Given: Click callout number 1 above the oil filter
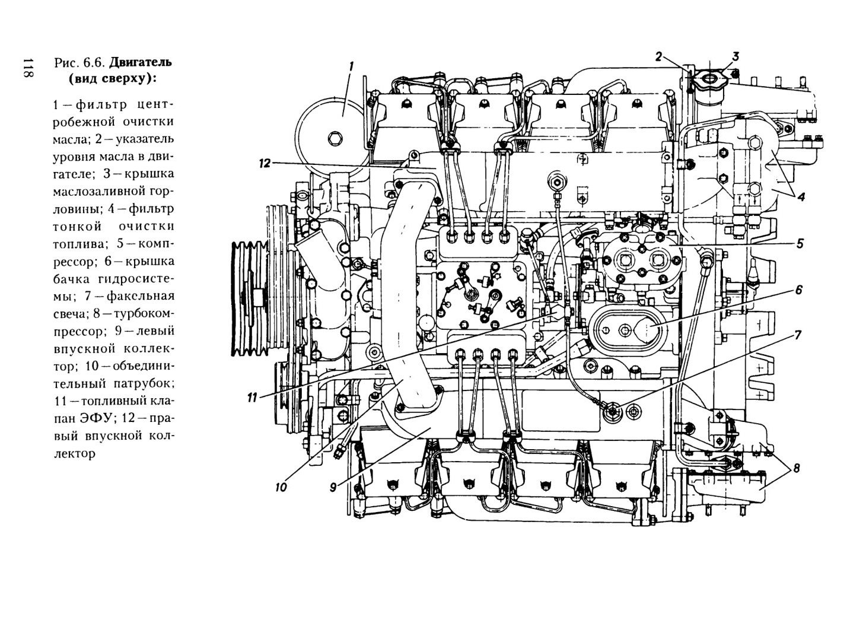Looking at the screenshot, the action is pyautogui.click(x=351, y=66).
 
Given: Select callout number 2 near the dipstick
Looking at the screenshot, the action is pyautogui.click(x=658, y=57).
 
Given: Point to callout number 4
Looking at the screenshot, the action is pyautogui.click(x=801, y=197).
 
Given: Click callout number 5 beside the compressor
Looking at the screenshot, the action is pyautogui.click(x=800, y=244).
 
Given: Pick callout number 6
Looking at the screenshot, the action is pyautogui.click(x=799, y=290).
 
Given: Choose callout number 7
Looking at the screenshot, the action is pyautogui.click(x=798, y=335).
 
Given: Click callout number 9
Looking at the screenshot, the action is pyautogui.click(x=333, y=487).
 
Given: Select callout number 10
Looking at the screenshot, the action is pyautogui.click(x=281, y=487).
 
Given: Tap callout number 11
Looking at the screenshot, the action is pyautogui.click(x=252, y=398).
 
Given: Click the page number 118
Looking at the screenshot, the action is pyautogui.click(x=28, y=69).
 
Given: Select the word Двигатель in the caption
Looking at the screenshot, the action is pyautogui.click(x=141, y=62).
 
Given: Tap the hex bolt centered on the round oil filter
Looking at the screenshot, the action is pyautogui.click(x=333, y=138).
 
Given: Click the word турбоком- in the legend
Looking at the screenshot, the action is pyautogui.click(x=135, y=314).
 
